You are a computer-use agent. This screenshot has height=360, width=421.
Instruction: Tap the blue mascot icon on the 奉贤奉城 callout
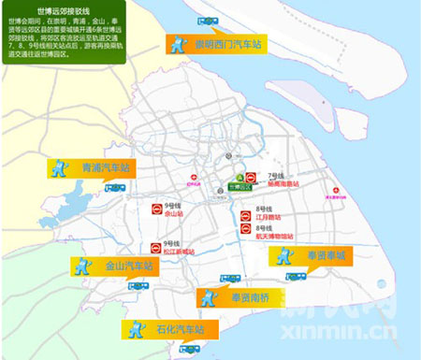[282, 255]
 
